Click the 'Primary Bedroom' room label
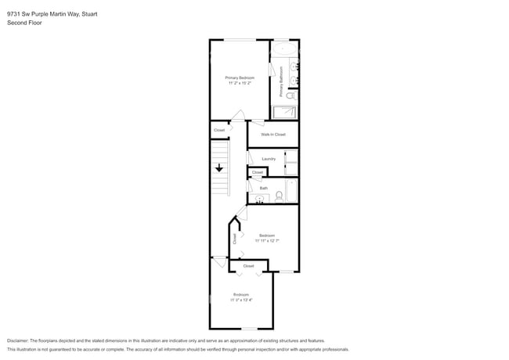(240, 77)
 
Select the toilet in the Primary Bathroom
(291, 95)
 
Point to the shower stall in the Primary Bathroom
(284, 112)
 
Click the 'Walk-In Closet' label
(273, 135)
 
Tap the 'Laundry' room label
(268, 159)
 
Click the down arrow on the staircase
(220, 167)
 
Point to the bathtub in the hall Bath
(291, 189)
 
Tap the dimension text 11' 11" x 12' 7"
(267, 240)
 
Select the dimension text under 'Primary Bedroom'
(240, 83)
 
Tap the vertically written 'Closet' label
(234, 239)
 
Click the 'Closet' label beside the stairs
(219, 130)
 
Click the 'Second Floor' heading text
(23, 23)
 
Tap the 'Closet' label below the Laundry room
(258, 172)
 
